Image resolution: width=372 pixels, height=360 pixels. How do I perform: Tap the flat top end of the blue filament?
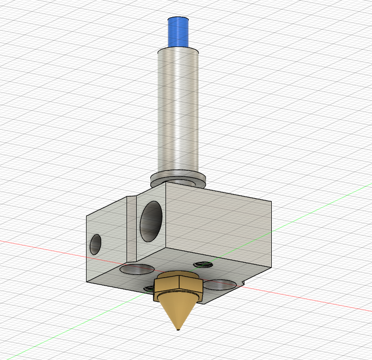(x=178, y=19)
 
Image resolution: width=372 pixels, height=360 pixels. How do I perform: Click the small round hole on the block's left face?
(x=95, y=244)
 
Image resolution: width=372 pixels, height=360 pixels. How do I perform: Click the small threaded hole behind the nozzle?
(x=203, y=263)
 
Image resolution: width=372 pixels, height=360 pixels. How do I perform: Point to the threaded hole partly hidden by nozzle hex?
(x=150, y=288)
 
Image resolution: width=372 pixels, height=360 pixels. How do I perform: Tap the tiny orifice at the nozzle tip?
(x=178, y=331)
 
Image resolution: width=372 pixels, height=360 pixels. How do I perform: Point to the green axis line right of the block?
(x=324, y=207)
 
